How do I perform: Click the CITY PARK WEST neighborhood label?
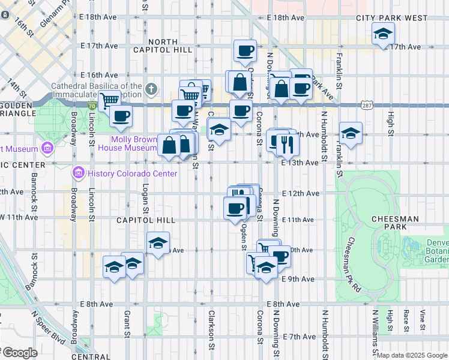pyautogui.click(x=393, y=18)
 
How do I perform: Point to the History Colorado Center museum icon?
pyautogui.click(x=77, y=173)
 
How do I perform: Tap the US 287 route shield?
pyautogui.click(x=366, y=106)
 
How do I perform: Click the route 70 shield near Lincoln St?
pyautogui.click(x=91, y=106)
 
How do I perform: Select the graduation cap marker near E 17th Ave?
pyautogui.click(x=382, y=35)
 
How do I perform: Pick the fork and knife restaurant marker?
pyautogui.click(x=288, y=144)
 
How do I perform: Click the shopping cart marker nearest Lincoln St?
pyautogui.click(x=109, y=100)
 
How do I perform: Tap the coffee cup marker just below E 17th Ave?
pyautogui.click(x=244, y=52)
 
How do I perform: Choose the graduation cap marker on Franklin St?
pyautogui.click(x=351, y=133)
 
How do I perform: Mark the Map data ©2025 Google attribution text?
pyautogui.click(x=412, y=355)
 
